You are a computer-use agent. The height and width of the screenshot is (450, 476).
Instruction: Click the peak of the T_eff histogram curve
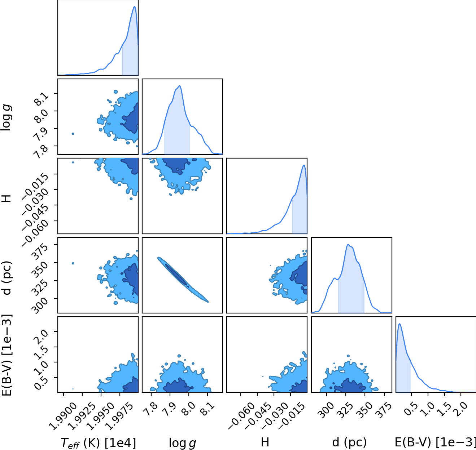point(134,6)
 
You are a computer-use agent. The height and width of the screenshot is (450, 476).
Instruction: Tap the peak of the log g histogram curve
point(180,86)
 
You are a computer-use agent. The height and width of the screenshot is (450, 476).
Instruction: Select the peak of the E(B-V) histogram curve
point(399,324)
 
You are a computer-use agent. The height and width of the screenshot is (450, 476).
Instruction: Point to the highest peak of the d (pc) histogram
point(348,245)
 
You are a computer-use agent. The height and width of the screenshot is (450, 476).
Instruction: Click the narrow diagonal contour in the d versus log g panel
point(183,279)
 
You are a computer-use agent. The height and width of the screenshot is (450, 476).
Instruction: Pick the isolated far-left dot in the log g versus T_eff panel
point(73,134)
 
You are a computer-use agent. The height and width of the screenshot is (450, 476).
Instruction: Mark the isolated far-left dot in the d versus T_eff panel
point(73,263)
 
